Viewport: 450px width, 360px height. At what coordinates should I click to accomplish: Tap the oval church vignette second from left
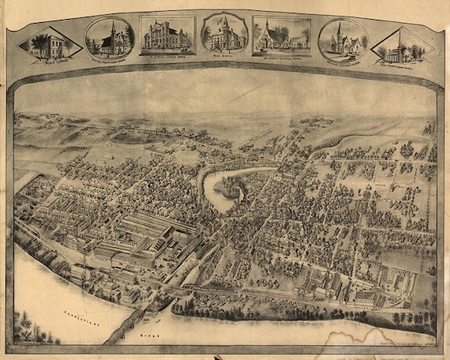point(109,37)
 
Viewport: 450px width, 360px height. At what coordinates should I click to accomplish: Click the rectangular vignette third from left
point(167,36)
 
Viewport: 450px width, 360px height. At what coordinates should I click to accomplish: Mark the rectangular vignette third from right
point(282,36)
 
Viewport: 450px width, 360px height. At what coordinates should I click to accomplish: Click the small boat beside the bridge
point(159,319)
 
